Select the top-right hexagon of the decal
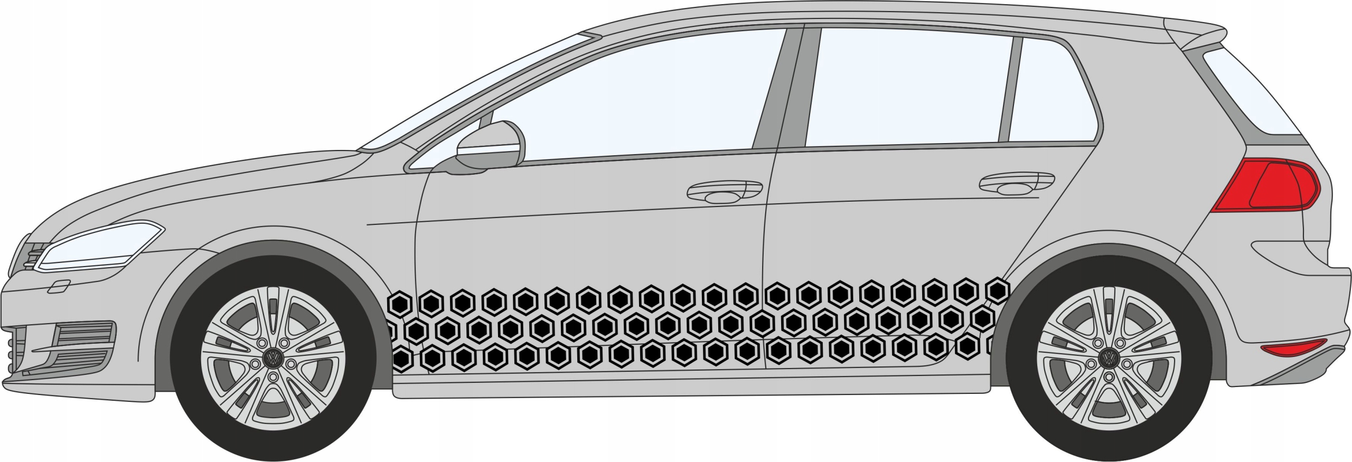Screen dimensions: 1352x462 coord(998,291)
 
